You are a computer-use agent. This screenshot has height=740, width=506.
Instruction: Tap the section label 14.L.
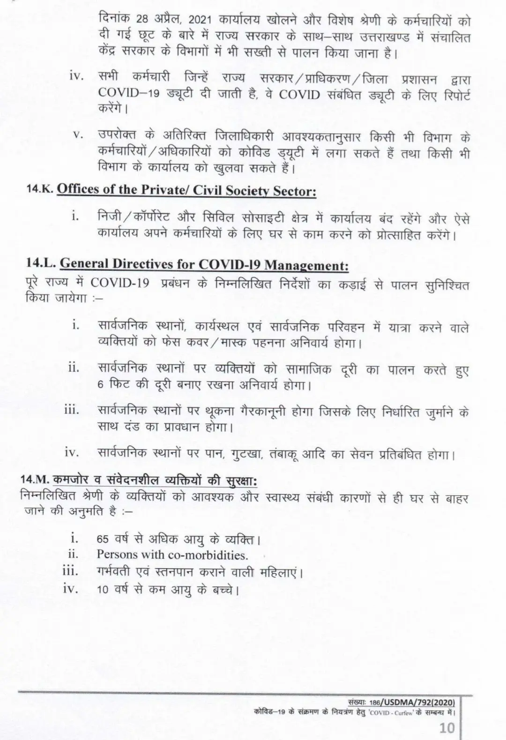click(42, 264)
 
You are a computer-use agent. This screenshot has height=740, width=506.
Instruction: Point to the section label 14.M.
click(36, 480)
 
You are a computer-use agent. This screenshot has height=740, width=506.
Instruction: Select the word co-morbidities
click(208, 555)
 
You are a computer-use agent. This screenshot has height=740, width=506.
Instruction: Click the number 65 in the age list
click(103, 539)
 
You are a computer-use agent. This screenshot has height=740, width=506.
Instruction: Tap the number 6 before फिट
click(100, 386)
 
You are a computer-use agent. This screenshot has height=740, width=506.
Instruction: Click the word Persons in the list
click(117, 555)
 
